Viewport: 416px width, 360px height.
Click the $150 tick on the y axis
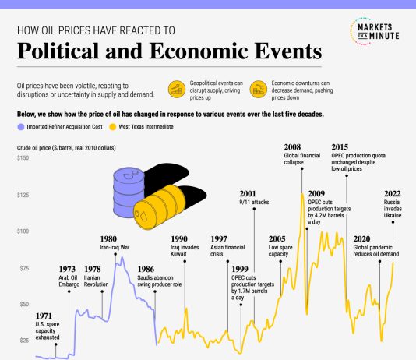24,158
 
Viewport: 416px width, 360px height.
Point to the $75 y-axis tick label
23,268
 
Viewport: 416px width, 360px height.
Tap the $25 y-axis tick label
23,341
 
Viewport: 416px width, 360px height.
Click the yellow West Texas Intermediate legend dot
113,126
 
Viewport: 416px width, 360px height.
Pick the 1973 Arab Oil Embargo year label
69,269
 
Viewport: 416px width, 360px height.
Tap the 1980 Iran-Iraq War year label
109,238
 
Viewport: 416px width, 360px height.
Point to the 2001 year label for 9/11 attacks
249,193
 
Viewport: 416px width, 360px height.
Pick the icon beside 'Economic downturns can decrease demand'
257,90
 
